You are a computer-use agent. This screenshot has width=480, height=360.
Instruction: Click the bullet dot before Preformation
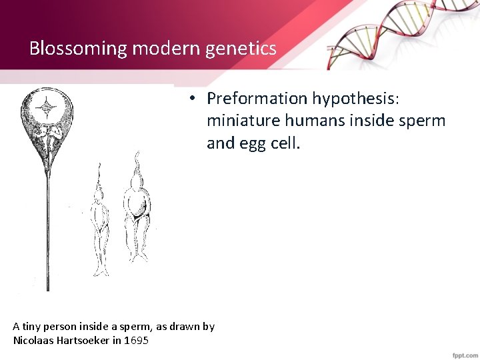[191, 99]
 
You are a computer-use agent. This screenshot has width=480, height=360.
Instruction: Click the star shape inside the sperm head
[47, 106]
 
